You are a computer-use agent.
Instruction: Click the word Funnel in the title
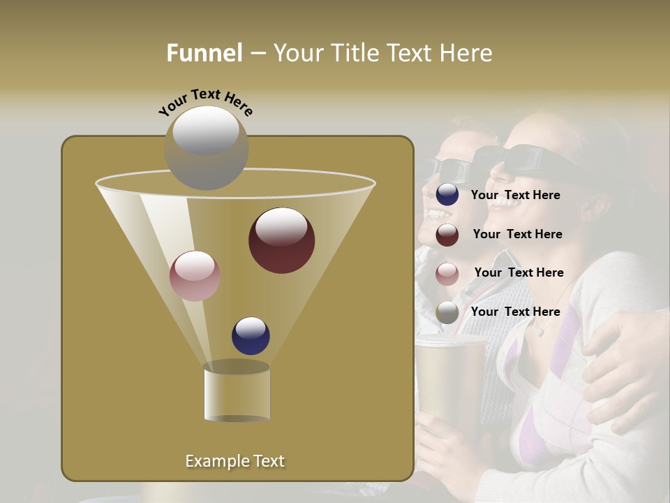click(x=204, y=53)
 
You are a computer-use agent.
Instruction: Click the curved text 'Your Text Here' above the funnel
click(x=206, y=102)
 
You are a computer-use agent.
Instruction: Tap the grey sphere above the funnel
click(x=206, y=147)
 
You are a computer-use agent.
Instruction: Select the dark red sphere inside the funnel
click(x=281, y=240)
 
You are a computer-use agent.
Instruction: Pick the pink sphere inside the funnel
click(x=195, y=276)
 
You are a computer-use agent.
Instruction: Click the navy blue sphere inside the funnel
click(x=251, y=335)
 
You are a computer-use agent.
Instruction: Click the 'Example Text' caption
click(x=234, y=461)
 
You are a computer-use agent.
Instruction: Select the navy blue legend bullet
click(x=447, y=195)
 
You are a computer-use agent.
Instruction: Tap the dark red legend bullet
click(x=447, y=235)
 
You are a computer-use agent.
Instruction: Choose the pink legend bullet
click(x=447, y=274)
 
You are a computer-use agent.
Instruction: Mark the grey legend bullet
click(x=447, y=312)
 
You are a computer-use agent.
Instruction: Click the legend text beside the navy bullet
click(x=515, y=196)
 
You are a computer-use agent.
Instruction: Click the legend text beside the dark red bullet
click(x=517, y=235)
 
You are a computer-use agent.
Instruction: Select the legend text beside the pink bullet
click(x=519, y=273)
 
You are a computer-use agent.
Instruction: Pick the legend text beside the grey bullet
click(x=515, y=312)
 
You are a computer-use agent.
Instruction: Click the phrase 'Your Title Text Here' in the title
click(x=382, y=53)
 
